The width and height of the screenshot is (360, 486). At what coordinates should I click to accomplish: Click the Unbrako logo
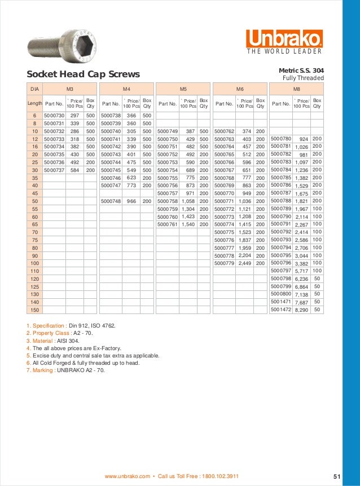(284, 39)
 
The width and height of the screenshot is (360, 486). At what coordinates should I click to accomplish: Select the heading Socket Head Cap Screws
(83, 74)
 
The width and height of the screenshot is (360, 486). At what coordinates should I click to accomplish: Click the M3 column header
(70, 89)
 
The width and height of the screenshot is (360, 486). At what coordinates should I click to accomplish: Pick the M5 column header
(183, 89)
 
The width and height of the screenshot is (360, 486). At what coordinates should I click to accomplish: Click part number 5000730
(54, 115)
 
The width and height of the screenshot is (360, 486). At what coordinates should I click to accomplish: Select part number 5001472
(281, 310)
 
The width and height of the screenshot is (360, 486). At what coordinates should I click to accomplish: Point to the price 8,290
(301, 310)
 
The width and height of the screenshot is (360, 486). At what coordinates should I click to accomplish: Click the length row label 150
(34, 310)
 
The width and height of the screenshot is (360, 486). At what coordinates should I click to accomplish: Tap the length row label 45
(34, 193)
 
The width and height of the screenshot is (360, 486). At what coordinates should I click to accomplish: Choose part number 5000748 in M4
(111, 201)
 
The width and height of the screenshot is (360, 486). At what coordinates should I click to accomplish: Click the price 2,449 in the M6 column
(244, 263)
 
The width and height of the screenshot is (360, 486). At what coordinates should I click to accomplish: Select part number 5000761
(168, 224)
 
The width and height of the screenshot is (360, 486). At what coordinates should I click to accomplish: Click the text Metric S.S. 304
(301, 70)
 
